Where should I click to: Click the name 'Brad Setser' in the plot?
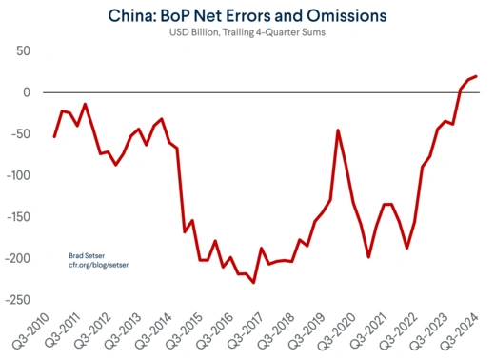(x=88, y=256)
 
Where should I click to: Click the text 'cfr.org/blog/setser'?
(x=99, y=266)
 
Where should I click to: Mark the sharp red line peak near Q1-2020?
(x=338, y=130)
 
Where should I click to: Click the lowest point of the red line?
(x=253, y=282)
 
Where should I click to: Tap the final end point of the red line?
(x=476, y=76)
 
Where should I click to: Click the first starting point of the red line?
(x=54, y=136)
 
